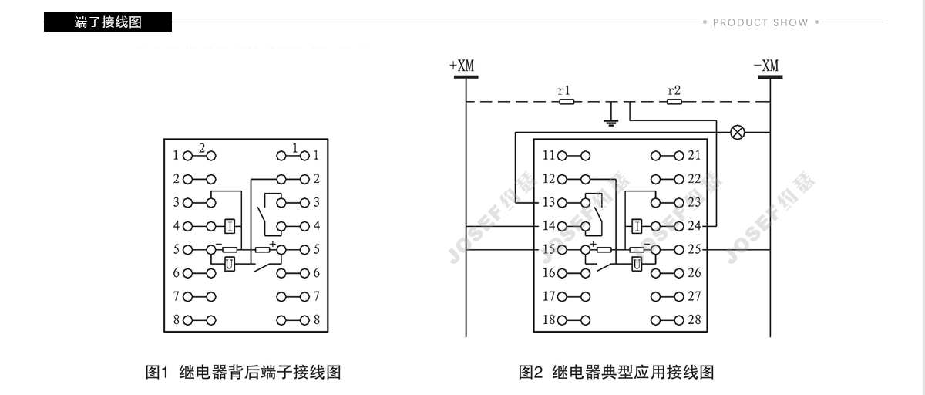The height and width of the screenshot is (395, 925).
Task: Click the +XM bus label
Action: coord(462,66)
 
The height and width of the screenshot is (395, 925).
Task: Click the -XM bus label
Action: coord(766,66)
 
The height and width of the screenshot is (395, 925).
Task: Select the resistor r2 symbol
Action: coord(674,101)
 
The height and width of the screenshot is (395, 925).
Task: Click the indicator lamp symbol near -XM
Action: coord(738,132)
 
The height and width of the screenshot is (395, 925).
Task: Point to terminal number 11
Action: coord(548,155)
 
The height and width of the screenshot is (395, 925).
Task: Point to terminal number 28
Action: coord(694,319)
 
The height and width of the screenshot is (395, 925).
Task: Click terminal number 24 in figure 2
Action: coord(694,226)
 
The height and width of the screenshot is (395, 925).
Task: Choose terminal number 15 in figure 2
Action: coord(548,250)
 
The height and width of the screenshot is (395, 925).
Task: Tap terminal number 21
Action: coord(694,155)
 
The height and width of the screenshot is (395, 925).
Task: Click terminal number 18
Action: coord(548,319)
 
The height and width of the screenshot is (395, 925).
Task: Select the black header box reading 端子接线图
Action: coord(108,22)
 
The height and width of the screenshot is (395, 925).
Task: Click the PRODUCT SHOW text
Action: coord(760,22)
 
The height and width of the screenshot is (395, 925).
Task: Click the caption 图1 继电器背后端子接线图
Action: coord(243,373)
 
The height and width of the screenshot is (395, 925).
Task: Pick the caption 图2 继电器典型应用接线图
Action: coord(616,373)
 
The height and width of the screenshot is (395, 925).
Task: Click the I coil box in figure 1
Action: coord(230,226)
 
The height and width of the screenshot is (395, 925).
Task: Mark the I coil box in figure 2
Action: coord(637,226)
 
